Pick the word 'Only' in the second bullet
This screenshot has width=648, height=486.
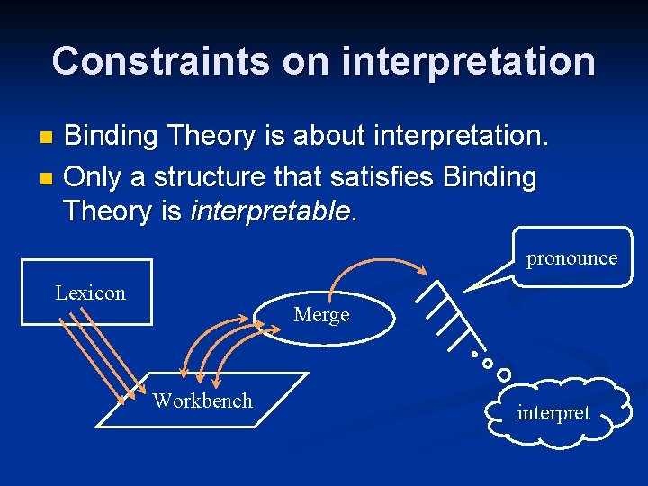pyautogui.click(x=94, y=176)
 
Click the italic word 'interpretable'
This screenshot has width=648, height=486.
pyautogui.click(x=270, y=212)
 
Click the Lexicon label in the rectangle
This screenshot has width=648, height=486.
pyautogui.click(x=90, y=292)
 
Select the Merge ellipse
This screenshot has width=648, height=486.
pyautogui.click(x=321, y=315)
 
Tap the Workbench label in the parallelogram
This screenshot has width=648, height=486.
pyautogui.click(x=202, y=400)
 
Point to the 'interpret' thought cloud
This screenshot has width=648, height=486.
pyautogui.click(x=553, y=413)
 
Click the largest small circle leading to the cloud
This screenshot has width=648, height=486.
pyautogui.click(x=504, y=373)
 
